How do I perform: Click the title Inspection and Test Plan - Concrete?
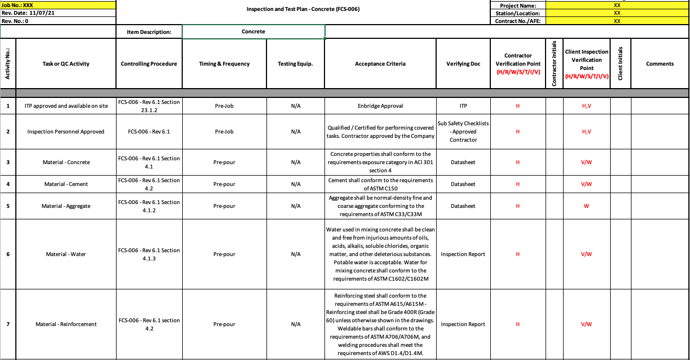coord(303,9)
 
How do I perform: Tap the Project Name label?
coord(518,5)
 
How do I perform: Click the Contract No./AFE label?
coord(518,21)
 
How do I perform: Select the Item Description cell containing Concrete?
coord(253,32)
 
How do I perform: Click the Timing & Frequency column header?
coord(224,64)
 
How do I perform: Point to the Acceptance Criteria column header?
coord(380,64)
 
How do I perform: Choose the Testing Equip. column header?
coord(295,64)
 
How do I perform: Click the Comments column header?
coord(660,64)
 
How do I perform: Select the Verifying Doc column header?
coord(463,64)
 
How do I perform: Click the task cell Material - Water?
coord(66,254)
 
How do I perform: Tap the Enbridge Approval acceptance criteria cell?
coord(380,106)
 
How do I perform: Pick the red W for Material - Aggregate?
coord(587,206)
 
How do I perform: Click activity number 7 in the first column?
coord(8,324)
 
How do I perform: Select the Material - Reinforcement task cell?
coord(66,324)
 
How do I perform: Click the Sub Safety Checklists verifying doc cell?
coord(463,131)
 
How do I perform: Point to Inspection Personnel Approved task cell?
coord(66,132)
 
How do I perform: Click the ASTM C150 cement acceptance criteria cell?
coord(380,184)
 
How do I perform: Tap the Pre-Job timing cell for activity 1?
coord(224,106)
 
